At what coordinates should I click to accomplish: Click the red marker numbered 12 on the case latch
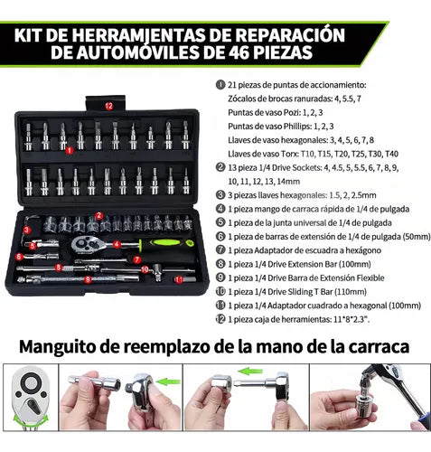[108, 106]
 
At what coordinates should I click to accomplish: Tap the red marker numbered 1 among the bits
[70, 150]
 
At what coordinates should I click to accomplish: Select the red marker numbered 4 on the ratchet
[117, 244]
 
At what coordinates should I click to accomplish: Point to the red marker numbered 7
[136, 259]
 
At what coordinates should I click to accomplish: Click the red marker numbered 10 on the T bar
[145, 269]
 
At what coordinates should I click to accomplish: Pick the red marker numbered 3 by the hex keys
[27, 231]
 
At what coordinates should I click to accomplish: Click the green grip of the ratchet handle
[168, 242]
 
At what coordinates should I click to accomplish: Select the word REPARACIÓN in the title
[290, 34]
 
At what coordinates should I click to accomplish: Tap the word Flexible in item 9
[370, 278]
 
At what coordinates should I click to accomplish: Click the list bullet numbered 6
[220, 237]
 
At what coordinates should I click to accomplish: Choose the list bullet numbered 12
[220, 319]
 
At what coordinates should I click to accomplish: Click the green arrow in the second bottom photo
[168, 381]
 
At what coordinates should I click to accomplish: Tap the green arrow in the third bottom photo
[250, 371]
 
